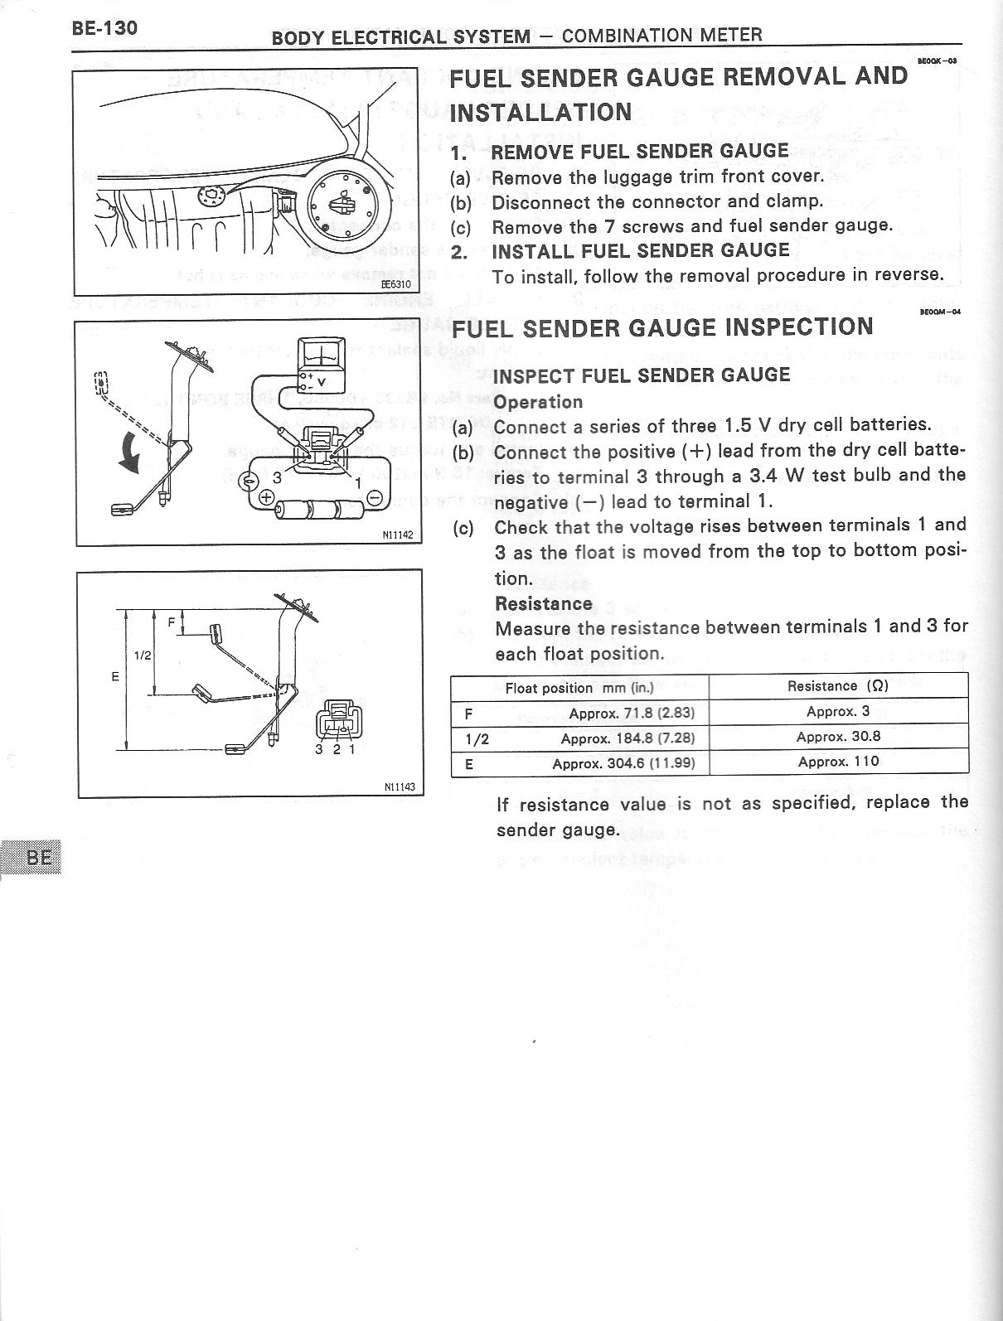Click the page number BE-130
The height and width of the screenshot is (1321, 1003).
pos(104,28)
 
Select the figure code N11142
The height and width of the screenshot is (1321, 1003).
pos(398,535)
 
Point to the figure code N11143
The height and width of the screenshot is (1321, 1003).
pos(399,788)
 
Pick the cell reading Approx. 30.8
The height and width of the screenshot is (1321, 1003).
pos(838,737)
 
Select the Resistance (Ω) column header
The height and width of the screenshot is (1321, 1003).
pos(838,686)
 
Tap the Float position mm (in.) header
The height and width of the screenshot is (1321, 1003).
pos(579,688)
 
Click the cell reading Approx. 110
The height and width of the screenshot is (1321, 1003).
pos(838,762)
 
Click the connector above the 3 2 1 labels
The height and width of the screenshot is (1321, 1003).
pos(337,717)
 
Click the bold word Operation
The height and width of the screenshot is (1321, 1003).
pos(538,402)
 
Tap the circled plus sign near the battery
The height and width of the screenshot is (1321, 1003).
pos(267,497)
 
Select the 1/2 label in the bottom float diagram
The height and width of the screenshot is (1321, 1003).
pos(143,655)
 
